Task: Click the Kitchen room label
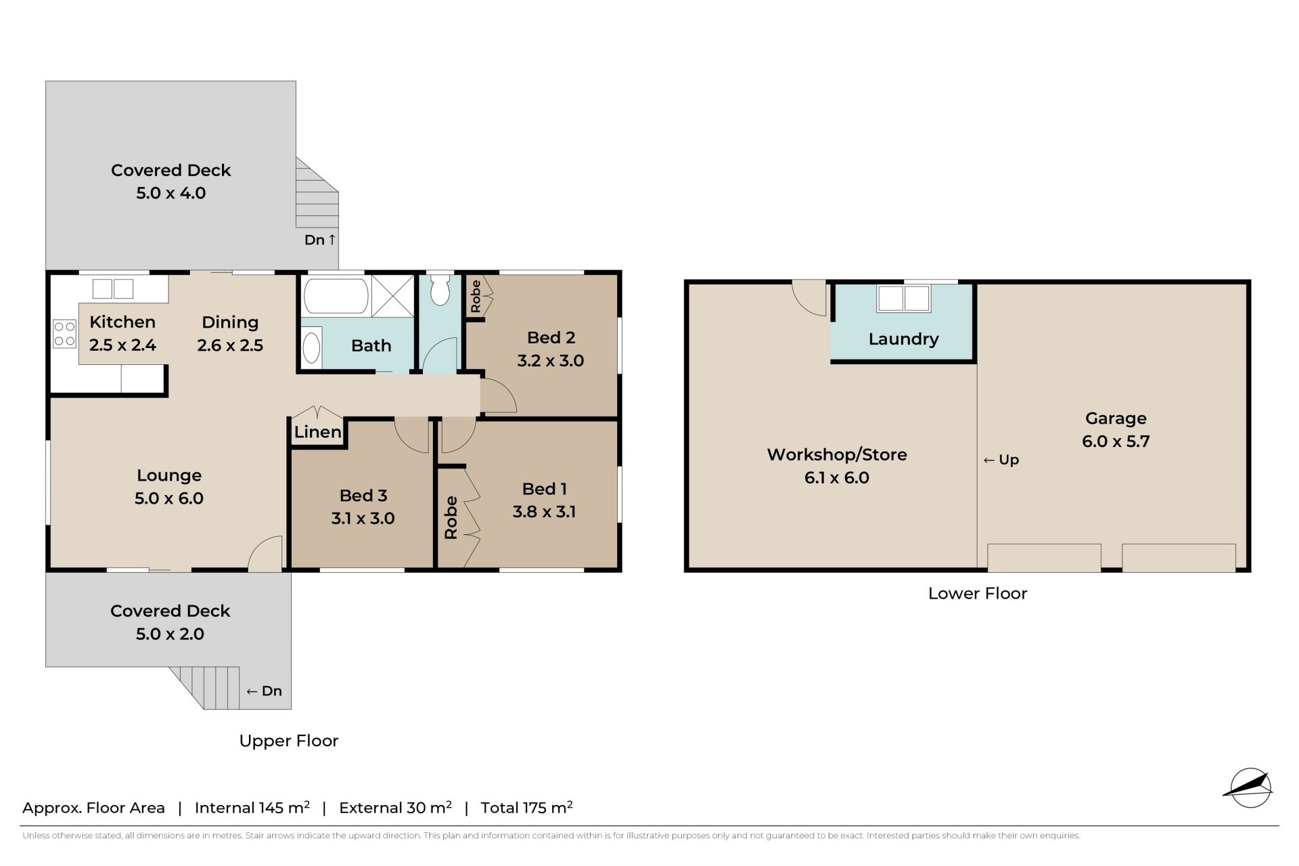[122, 322]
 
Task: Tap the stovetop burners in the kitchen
[65, 334]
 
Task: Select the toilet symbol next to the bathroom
[440, 289]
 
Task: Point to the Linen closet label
[317, 432]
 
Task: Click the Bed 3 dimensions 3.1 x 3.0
[363, 518]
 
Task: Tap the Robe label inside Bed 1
[451, 517]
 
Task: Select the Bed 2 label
[551, 337]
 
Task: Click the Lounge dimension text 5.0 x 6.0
[169, 498]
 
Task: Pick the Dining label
[230, 322]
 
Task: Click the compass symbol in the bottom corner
[1248, 788]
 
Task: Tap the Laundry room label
[903, 339]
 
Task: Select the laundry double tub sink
[903, 298]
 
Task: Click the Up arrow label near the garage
[1001, 460]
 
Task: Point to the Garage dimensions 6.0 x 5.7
[1116, 441]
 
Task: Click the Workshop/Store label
[837, 454]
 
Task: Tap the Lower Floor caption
[978, 593]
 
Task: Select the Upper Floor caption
[289, 741]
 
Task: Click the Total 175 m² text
[526, 807]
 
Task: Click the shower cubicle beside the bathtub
[393, 295]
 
